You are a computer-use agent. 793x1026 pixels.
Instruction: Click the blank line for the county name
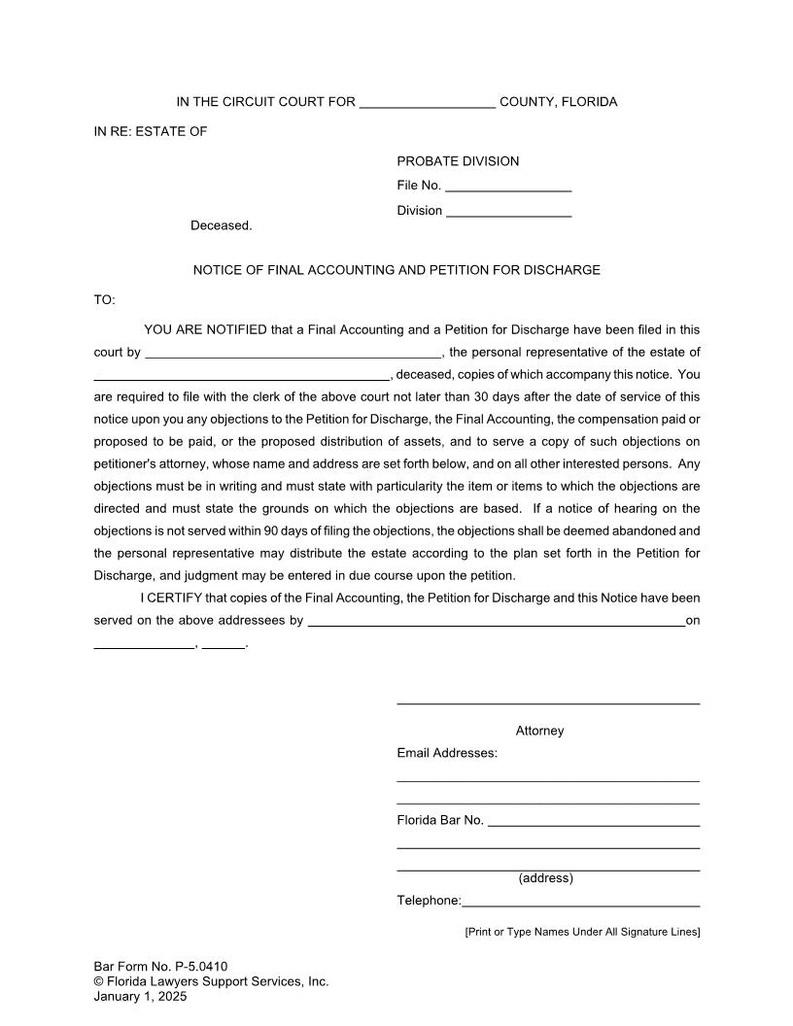pyautogui.click(x=428, y=104)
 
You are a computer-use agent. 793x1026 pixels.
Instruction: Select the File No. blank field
pyautogui.click(x=508, y=187)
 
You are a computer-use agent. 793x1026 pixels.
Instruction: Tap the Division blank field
pyautogui.click(x=508, y=212)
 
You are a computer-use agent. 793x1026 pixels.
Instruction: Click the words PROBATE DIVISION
pyautogui.click(x=458, y=161)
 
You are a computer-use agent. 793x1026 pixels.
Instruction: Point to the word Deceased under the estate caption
pyautogui.click(x=221, y=225)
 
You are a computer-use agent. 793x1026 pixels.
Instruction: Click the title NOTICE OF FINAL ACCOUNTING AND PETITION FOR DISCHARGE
pyautogui.click(x=396, y=270)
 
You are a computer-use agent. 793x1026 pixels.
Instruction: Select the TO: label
pyautogui.click(x=104, y=300)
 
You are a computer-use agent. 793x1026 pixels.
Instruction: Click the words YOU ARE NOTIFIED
pyautogui.click(x=205, y=329)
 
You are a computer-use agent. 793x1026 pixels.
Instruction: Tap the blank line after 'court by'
pyautogui.click(x=293, y=354)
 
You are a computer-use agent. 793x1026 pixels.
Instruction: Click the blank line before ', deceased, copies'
pyautogui.click(x=241, y=376)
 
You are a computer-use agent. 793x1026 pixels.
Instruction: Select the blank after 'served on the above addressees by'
pyautogui.click(x=496, y=622)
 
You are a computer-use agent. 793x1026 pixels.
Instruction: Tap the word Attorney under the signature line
pyautogui.click(x=539, y=731)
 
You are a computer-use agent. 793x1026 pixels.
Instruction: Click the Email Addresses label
pyautogui.click(x=447, y=753)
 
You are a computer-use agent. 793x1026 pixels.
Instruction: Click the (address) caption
pyautogui.click(x=545, y=878)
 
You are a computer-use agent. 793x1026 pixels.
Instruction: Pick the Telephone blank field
pyautogui.click(x=581, y=903)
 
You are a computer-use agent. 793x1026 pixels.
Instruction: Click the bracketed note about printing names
pyautogui.click(x=582, y=932)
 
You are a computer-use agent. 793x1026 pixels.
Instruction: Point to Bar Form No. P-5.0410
pyautogui.click(x=160, y=966)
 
